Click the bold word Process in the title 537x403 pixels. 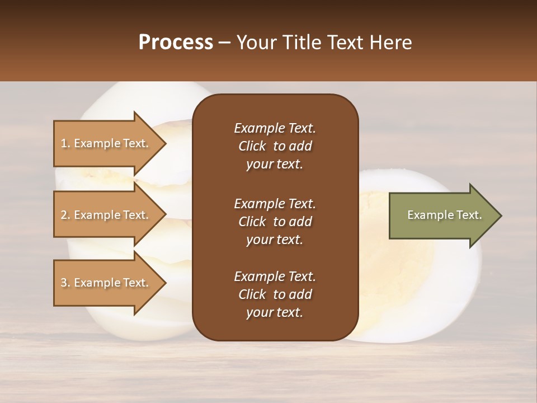click(x=176, y=43)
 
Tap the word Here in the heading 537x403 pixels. click(x=391, y=43)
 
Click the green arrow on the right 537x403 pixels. click(x=442, y=215)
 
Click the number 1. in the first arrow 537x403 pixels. click(x=65, y=143)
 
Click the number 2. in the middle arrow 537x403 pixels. click(x=65, y=215)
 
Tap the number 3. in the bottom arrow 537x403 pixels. click(x=65, y=283)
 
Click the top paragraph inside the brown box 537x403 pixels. click(x=275, y=146)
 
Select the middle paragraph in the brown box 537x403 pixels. click(x=275, y=222)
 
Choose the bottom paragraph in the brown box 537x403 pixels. click(x=275, y=294)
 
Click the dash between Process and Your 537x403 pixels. click(x=225, y=43)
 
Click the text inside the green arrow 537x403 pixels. click(x=444, y=215)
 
